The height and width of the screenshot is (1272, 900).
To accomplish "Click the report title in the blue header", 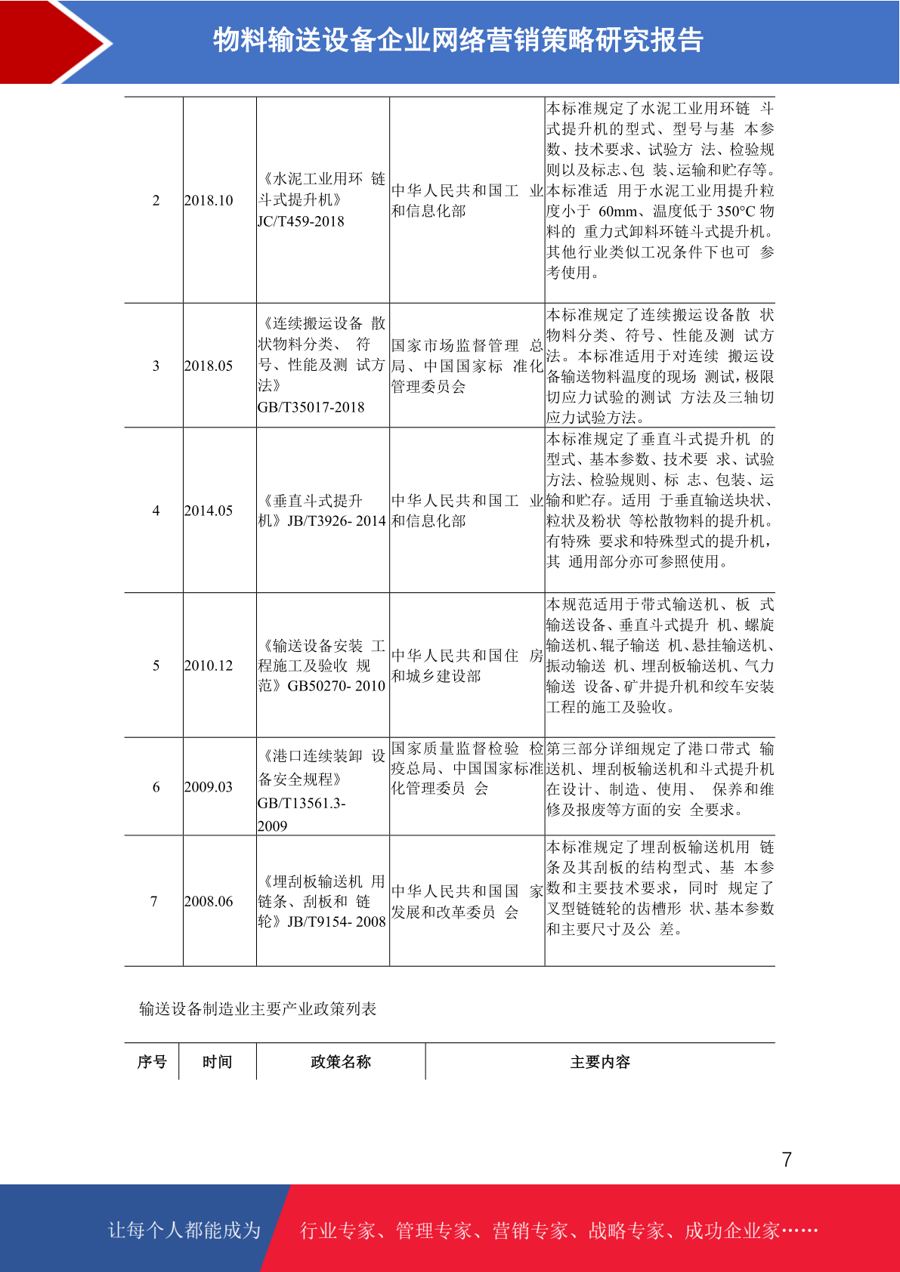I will (458, 40).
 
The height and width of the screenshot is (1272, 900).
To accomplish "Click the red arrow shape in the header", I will (53, 42).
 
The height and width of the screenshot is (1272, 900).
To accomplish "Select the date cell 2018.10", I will (209, 200).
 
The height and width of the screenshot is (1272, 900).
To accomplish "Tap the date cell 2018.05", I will (209, 366).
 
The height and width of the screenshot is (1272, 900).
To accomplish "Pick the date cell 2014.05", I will (209, 511).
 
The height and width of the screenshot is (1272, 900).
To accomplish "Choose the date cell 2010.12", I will (209, 665).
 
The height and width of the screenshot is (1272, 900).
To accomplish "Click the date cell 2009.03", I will (209, 787).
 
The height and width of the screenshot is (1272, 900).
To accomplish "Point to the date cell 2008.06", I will (209, 901).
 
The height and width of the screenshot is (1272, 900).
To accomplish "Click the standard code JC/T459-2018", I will (301, 221).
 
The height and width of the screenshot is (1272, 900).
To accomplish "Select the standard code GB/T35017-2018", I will (311, 407).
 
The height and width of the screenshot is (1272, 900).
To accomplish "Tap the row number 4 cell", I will (156, 511).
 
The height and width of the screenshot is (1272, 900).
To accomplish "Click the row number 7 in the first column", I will (154, 901).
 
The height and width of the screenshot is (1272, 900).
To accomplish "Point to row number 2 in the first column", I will (156, 200).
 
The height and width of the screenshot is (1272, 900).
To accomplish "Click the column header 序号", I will (152, 1062).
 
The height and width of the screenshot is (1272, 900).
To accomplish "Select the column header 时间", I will (217, 1062).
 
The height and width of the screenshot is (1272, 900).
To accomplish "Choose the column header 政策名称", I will (341, 1062).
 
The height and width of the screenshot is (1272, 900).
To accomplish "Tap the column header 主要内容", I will (600, 1062).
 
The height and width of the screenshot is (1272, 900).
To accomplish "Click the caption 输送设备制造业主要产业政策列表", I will (258, 1009).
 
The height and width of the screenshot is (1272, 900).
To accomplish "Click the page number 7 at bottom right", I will (787, 1159).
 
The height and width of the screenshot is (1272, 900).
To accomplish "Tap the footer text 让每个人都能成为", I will (184, 1230).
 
